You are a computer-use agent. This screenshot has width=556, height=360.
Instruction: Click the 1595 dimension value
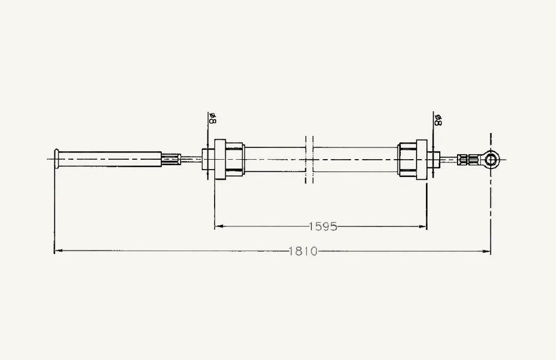(x=323, y=226)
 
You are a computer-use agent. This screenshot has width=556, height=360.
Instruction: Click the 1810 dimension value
(x=303, y=251)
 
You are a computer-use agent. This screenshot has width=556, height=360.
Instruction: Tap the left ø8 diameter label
(x=213, y=118)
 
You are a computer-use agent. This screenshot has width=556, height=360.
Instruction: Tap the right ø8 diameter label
(x=438, y=120)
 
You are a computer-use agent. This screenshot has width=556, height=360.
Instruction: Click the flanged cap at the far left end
(x=56, y=159)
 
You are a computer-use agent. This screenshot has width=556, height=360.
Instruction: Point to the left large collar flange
(x=220, y=159)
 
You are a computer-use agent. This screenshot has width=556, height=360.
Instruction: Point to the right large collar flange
(x=421, y=159)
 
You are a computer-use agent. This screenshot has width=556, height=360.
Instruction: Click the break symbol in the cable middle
(x=309, y=159)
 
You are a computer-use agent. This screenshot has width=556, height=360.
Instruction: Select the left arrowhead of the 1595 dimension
(x=219, y=226)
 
